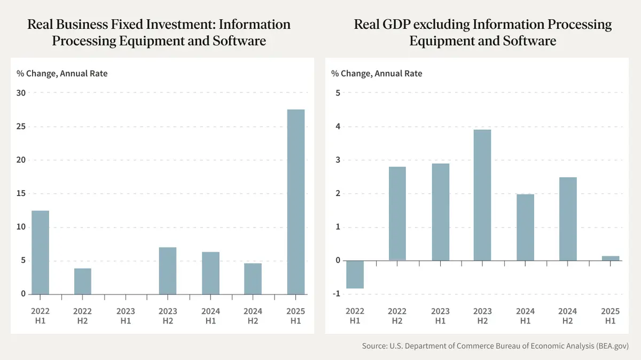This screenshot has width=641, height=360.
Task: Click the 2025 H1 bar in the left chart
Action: (296, 202)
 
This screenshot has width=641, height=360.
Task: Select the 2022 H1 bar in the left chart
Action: (40, 252)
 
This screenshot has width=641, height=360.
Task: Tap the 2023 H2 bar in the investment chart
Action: (168, 271)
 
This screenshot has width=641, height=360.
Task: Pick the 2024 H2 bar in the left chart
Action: (253, 279)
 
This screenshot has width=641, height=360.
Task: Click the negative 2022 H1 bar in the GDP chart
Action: (355, 274)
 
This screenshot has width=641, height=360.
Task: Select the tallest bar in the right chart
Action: (482, 195)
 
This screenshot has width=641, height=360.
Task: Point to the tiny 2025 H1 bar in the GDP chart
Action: (611, 258)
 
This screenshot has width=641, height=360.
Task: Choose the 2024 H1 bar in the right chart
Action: (525, 227)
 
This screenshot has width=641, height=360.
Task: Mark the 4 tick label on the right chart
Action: (338, 127)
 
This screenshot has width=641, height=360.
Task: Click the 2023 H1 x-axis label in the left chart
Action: (126, 316)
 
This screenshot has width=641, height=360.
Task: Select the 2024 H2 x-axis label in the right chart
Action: (568, 316)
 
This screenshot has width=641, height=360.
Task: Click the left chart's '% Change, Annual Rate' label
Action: (62, 74)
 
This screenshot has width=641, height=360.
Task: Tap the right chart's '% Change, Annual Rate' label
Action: (377, 74)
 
